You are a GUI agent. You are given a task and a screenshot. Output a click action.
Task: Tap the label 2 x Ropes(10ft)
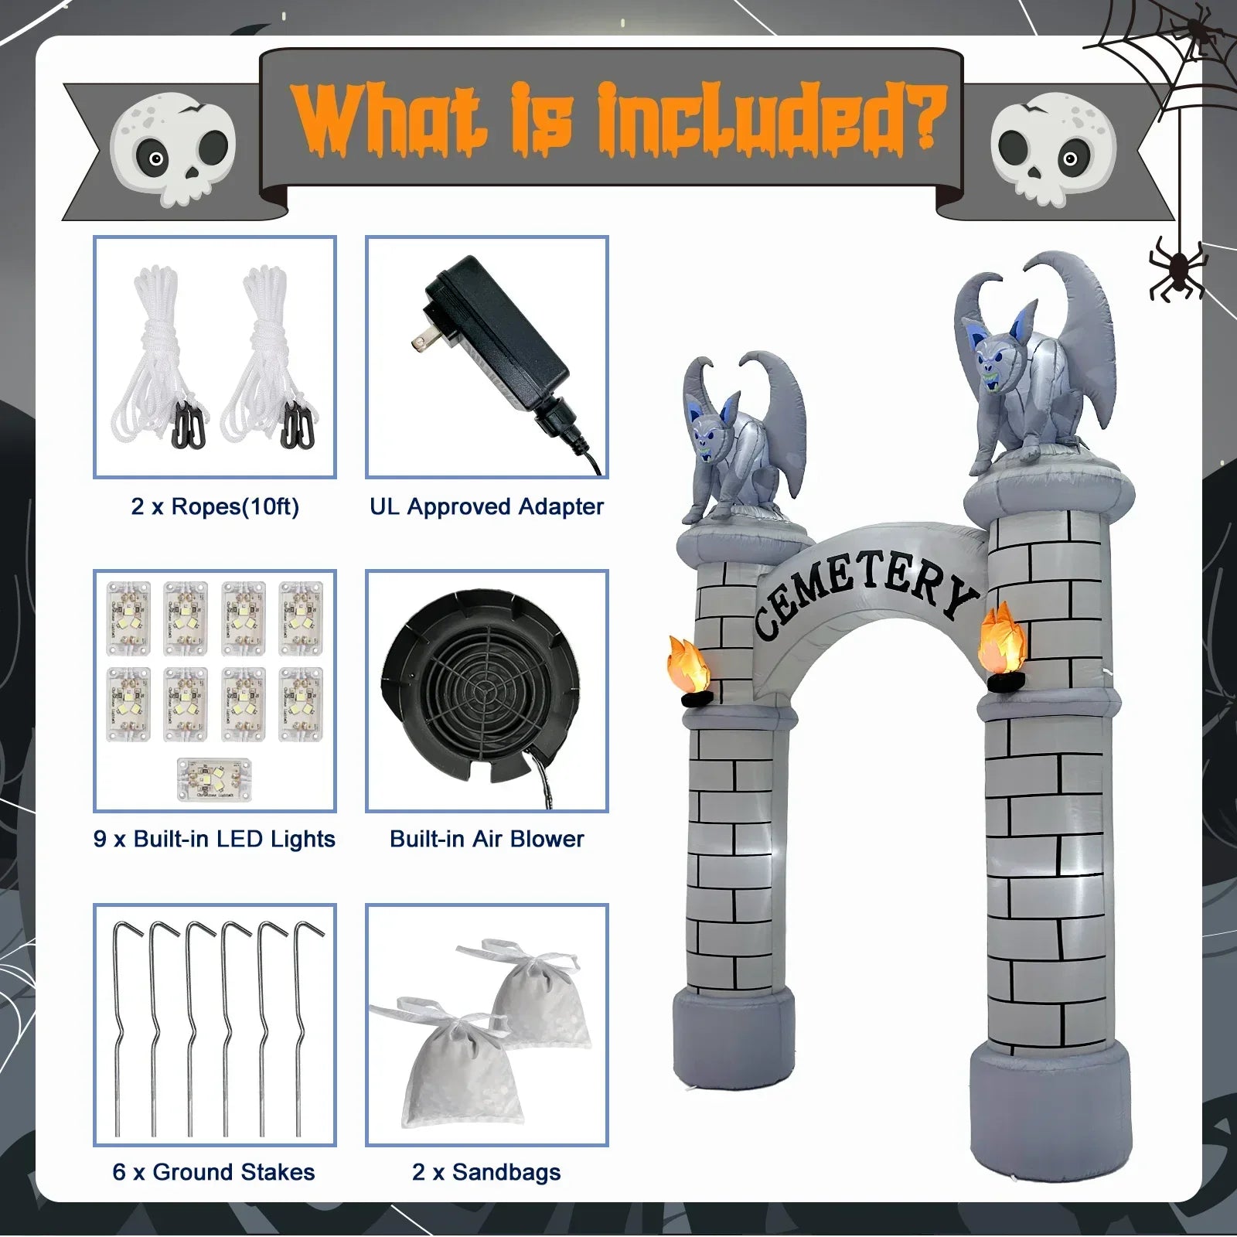(x=215, y=507)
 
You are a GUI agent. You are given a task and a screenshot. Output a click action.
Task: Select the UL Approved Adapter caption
(x=486, y=507)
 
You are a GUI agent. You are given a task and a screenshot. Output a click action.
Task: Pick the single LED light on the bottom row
(x=215, y=777)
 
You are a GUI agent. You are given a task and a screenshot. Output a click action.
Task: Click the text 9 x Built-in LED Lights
(x=214, y=840)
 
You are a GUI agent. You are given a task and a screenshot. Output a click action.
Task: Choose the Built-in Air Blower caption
(x=486, y=840)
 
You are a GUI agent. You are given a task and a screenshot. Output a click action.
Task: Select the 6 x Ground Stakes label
(x=213, y=1172)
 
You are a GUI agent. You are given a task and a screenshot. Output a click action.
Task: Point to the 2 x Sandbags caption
(x=486, y=1172)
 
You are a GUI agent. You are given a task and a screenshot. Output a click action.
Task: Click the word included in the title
(x=773, y=120)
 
